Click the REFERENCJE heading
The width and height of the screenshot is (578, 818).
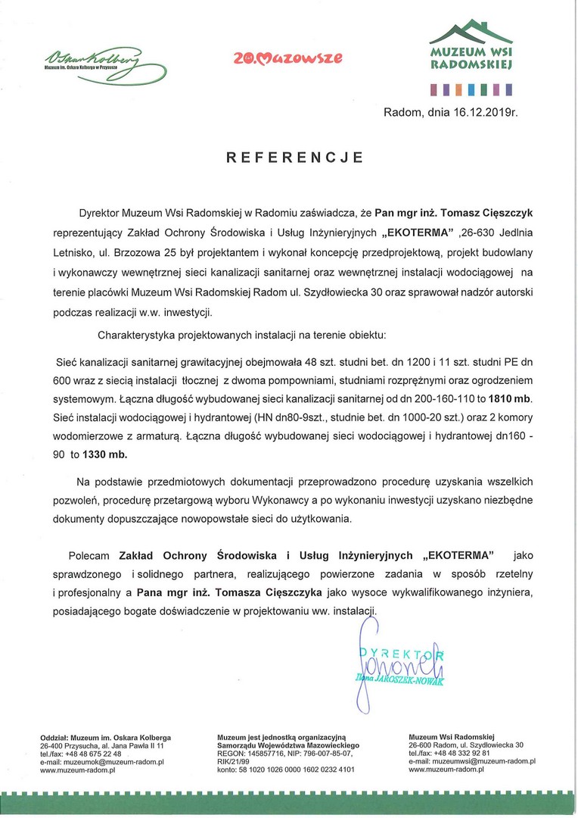click(295, 158)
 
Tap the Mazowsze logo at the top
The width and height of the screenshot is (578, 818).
click(287, 57)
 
